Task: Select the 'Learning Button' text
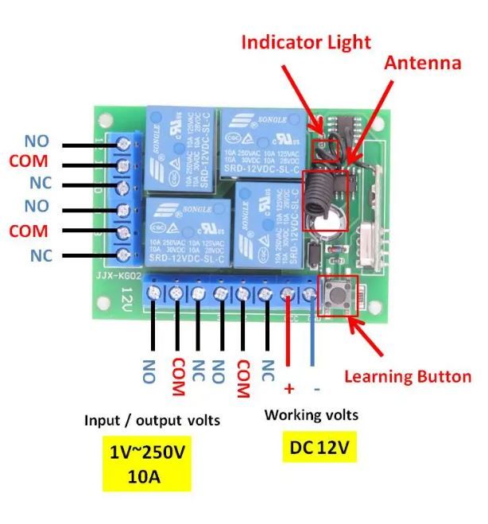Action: coord(407,376)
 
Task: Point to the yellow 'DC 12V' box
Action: coord(319,448)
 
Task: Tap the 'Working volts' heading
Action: coord(312,414)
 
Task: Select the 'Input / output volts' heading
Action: coord(153,420)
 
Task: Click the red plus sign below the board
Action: coord(289,388)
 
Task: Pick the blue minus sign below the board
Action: coord(316,388)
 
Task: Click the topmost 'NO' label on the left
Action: coord(36,142)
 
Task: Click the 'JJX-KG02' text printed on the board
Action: coord(118,276)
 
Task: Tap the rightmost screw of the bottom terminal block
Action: coord(311,295)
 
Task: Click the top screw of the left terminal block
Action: coord(124,144)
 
